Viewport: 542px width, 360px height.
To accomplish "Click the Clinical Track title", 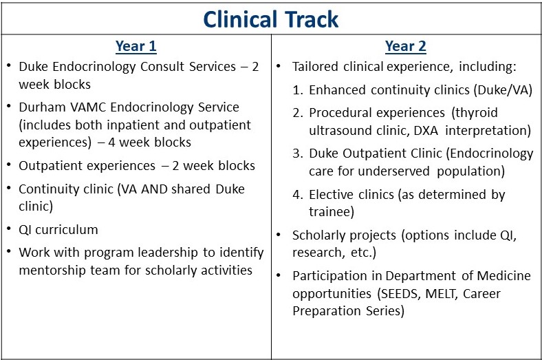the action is pos(270,19).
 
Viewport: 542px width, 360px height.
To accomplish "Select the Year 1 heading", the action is pos(136,46).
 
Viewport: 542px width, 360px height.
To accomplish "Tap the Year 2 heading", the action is pos(405,46).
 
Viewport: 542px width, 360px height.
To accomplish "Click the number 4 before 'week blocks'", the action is pos(111,142).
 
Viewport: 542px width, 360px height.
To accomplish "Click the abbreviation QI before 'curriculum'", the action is pos(25,230).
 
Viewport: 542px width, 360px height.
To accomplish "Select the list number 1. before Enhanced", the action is pos(298,90).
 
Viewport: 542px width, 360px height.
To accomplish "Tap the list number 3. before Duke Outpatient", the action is pos(298,153).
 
